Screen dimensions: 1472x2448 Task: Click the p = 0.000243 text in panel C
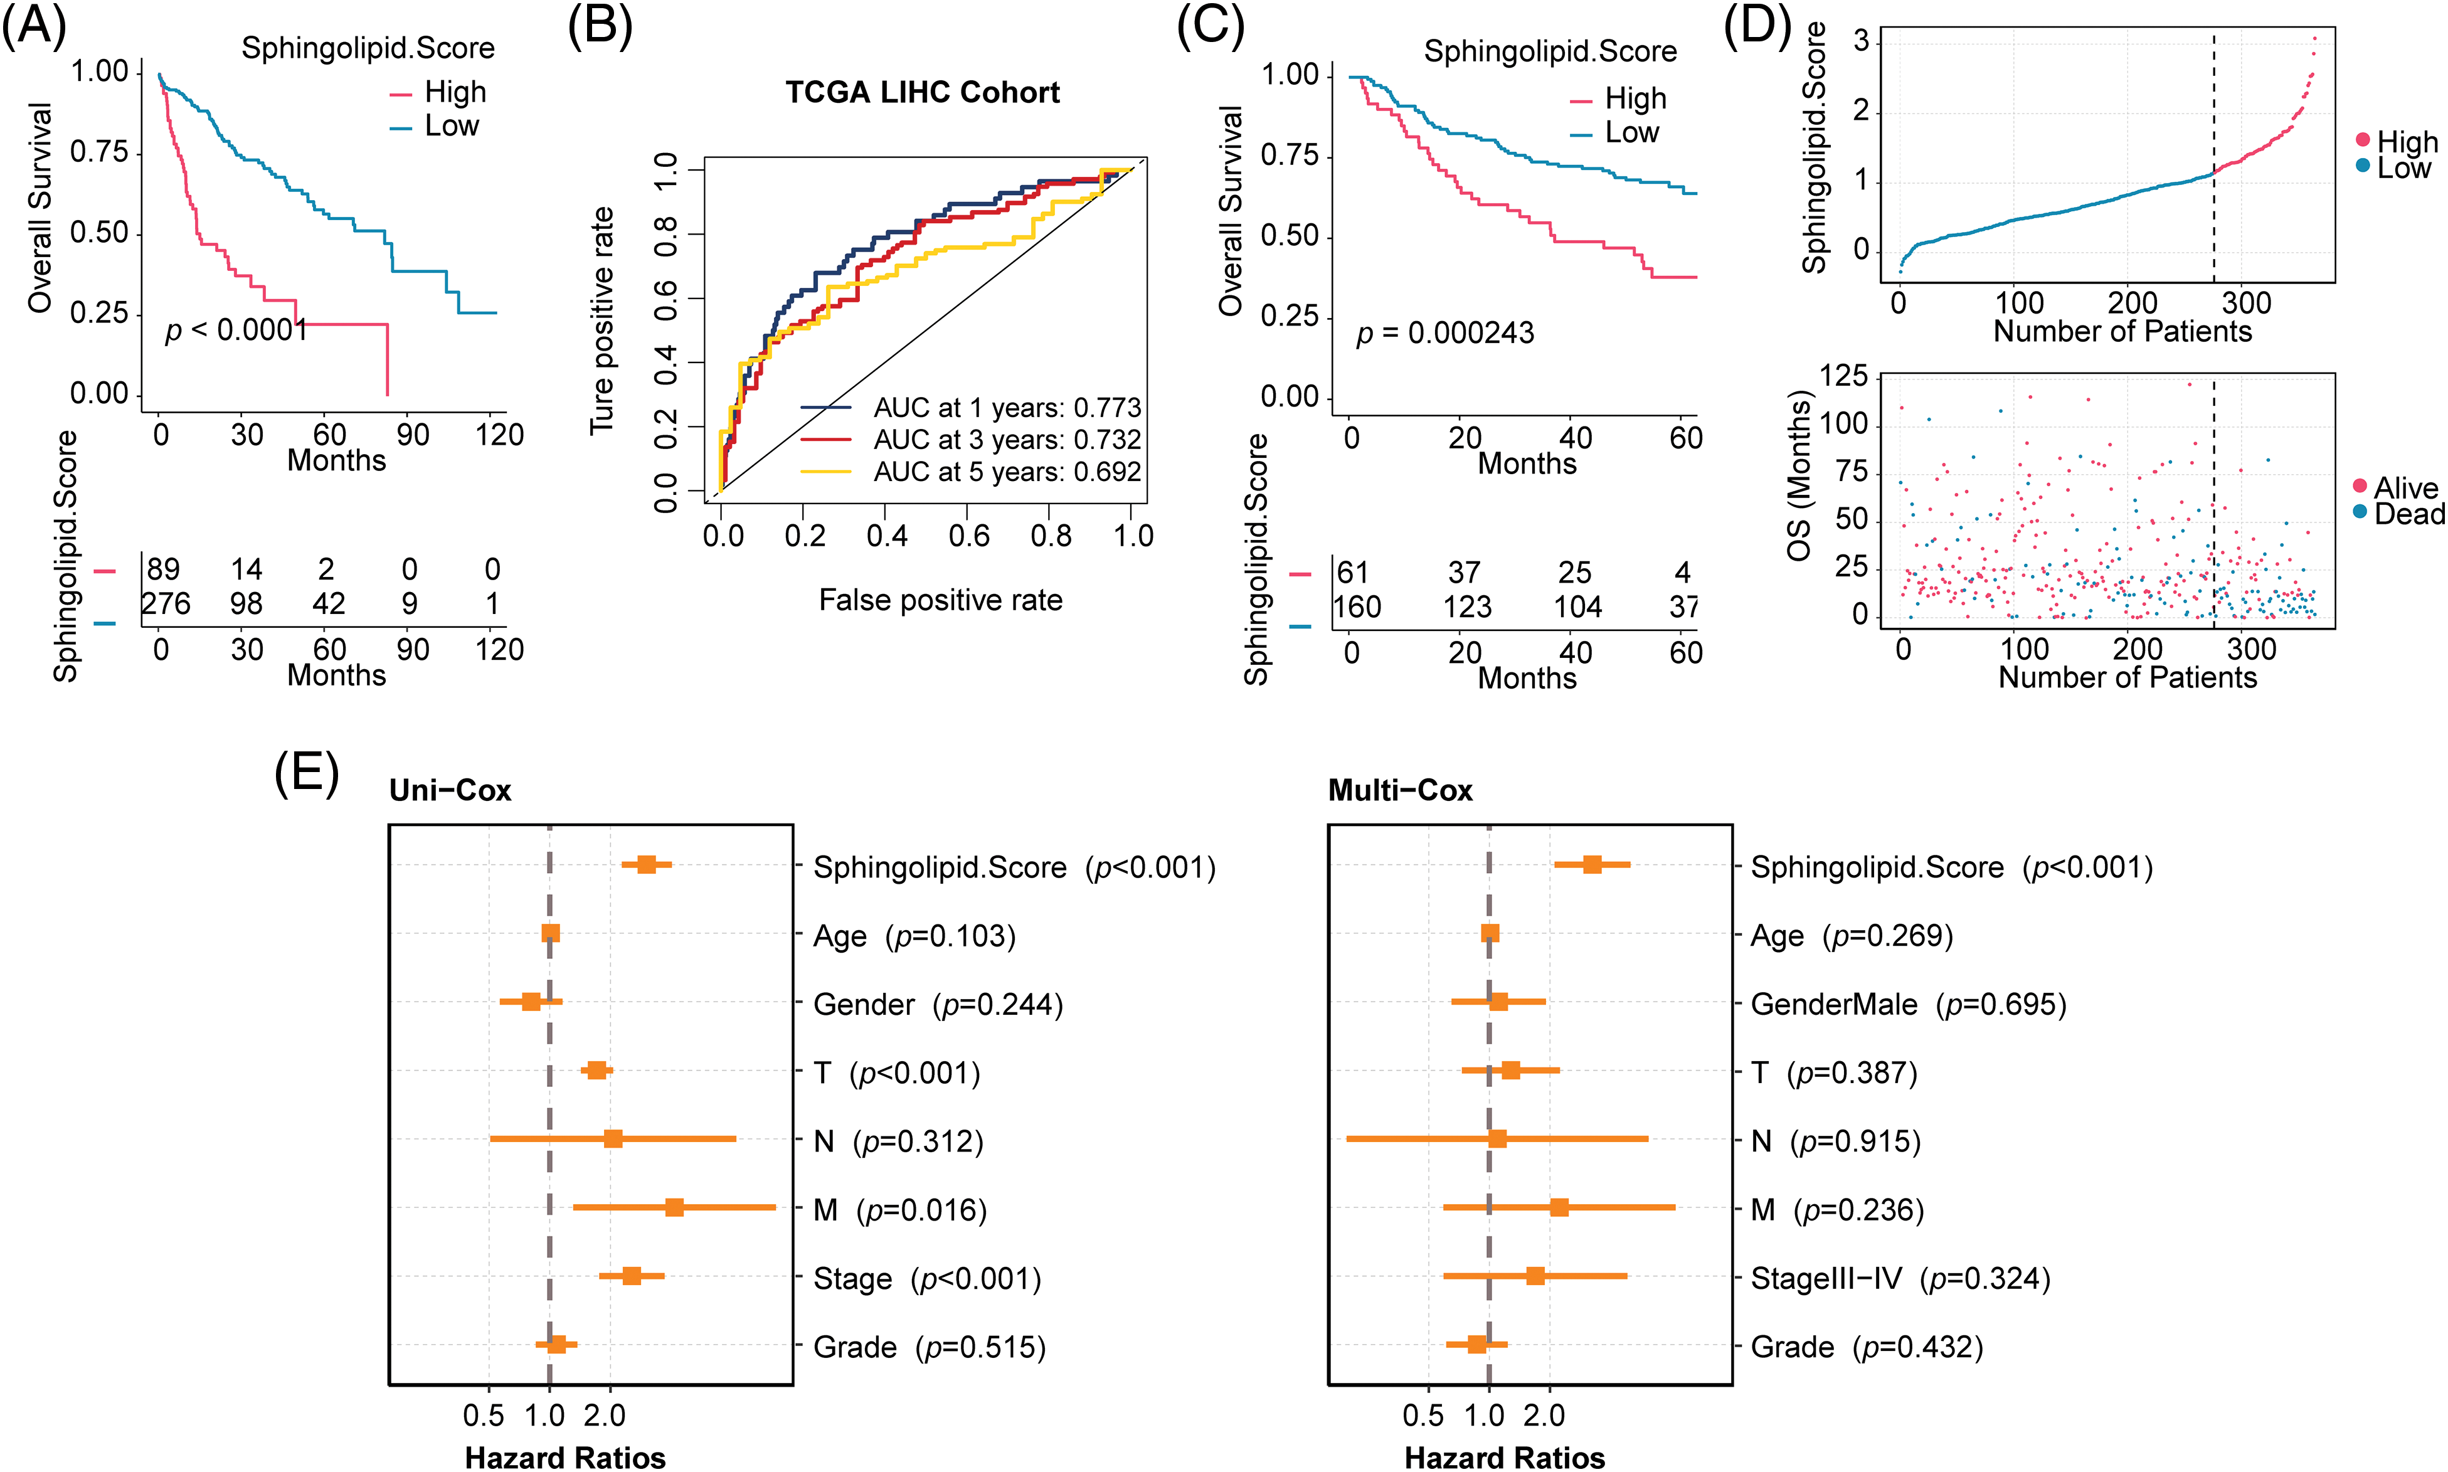point(1444,333)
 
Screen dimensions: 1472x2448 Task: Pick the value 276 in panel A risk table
point(166,603)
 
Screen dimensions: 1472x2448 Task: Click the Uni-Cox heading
point(450,790)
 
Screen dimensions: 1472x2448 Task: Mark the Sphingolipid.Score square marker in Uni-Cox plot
point(647,865)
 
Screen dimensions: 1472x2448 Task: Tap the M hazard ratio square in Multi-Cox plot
point(1559,1207)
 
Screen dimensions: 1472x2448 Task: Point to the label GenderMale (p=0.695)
point(1907,1004)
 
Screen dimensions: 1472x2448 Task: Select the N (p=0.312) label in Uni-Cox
point(898,1141)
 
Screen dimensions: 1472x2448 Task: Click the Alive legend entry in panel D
point(2404,487)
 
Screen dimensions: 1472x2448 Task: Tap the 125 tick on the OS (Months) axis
point(1844,376)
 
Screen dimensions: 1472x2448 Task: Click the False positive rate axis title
point(940,600)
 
